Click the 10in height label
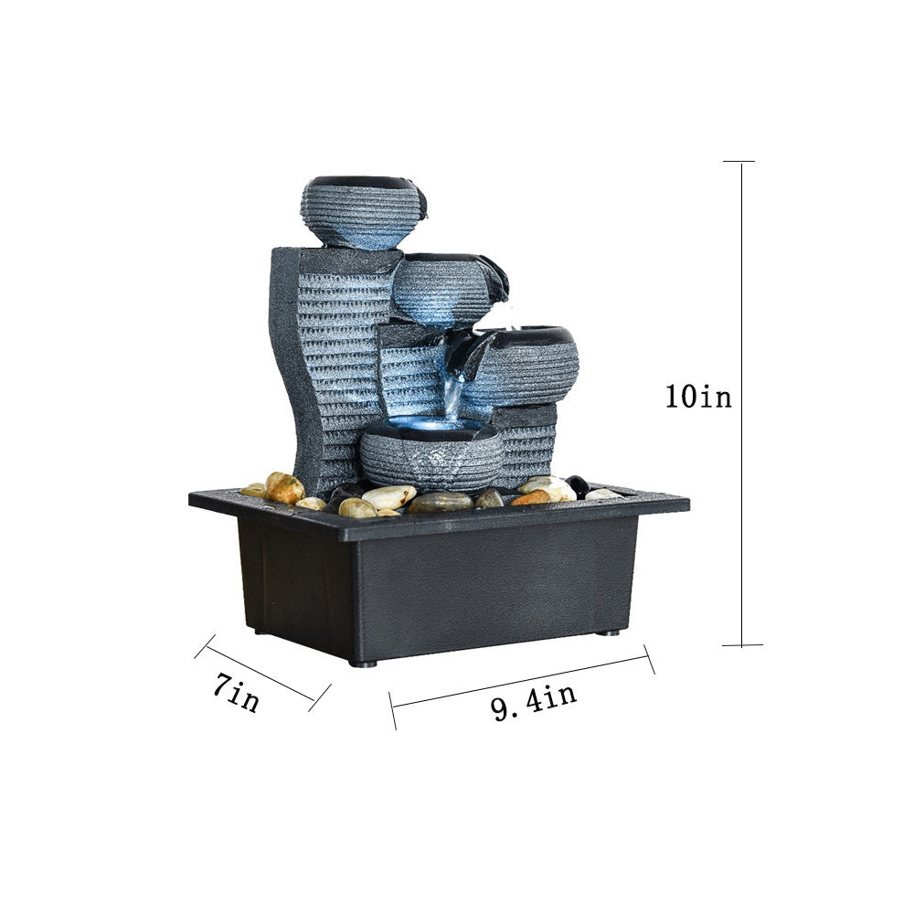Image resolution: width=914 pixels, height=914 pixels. (x=698, y=397)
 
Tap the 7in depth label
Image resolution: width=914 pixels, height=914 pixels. (x=236, y=693)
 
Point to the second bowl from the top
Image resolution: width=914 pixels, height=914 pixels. (x=443, y=288)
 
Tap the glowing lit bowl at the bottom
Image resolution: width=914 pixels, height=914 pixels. (x=430, y=452)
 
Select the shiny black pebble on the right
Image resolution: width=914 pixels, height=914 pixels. (x=578, y=485)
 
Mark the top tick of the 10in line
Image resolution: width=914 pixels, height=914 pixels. (x=739, y=162)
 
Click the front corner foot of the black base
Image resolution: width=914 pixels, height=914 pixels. (x=364, y=664)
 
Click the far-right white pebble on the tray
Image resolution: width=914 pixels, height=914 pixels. (x=602, y=494)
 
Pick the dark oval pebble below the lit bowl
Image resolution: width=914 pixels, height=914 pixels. (x=440, y=502)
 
